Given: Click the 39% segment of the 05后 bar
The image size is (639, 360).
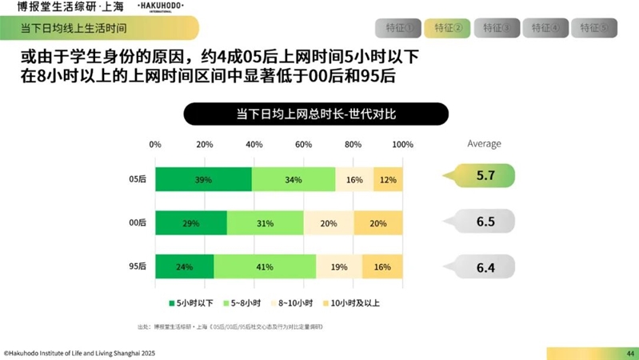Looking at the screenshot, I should (x=203, y=180).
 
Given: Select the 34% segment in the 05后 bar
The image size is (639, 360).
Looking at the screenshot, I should (x=294, y=180).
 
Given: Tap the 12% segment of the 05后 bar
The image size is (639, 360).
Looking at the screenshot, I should (x=388, y=180).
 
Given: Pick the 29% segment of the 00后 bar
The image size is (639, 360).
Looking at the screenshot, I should (x=191, y=223).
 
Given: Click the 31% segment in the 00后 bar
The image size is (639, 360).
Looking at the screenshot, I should (x=265, y=223).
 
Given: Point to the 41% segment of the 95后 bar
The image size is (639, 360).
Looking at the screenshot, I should (x=265, y=266).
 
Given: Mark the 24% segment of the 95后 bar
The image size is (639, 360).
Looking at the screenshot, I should (x=185, y=266).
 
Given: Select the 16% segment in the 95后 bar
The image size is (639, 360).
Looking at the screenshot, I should (x=382, y=266).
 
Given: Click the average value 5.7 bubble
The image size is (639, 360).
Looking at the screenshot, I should (x=485, y=176).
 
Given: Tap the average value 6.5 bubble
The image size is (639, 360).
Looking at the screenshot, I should (x=485, y=222).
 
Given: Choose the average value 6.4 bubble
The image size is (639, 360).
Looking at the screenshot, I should (x=485, y=267).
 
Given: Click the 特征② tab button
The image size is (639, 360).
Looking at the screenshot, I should (x=448, y=28).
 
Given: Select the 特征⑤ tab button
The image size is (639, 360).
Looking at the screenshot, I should (x=594, y=28).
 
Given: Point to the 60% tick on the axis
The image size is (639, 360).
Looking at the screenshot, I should (x=303, y=145).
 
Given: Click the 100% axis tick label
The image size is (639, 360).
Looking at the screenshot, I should (x=402, y=145).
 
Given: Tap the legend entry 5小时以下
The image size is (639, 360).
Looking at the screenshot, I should (x=191, y=303).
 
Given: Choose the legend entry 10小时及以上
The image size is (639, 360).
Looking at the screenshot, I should (x=352, y=303).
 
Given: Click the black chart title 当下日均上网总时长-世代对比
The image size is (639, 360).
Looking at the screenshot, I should (x=316, y=114).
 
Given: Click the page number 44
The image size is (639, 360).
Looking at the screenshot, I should (x=630, y=353).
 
